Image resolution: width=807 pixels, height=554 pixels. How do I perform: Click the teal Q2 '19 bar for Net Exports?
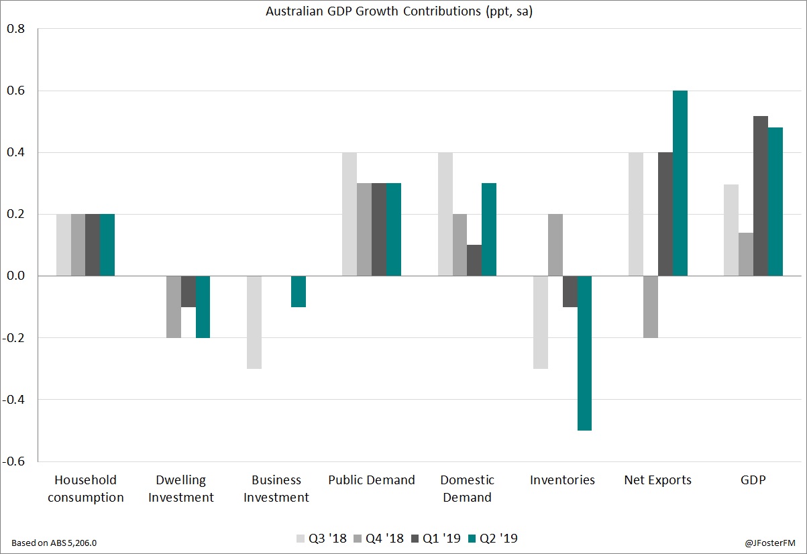click(680, 183)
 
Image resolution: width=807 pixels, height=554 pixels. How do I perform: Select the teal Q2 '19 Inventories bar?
click(584, 353)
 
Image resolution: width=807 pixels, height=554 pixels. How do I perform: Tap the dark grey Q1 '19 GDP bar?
click(761, 196)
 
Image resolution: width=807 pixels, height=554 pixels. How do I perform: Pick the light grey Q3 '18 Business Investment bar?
click(254, 322)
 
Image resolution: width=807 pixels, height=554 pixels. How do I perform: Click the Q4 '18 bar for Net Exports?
click(651, 307)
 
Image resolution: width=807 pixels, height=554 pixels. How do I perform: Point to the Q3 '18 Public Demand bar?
click(349, 214)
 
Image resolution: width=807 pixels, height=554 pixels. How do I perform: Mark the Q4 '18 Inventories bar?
click(555, 245)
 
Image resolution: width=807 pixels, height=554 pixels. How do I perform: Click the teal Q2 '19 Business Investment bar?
click(299, 291)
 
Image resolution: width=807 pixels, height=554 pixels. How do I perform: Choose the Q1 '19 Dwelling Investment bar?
click(189, 291)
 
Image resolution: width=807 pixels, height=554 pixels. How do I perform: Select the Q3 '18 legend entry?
click(319, 539)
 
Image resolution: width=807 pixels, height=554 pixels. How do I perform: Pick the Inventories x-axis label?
click(562, 480)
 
